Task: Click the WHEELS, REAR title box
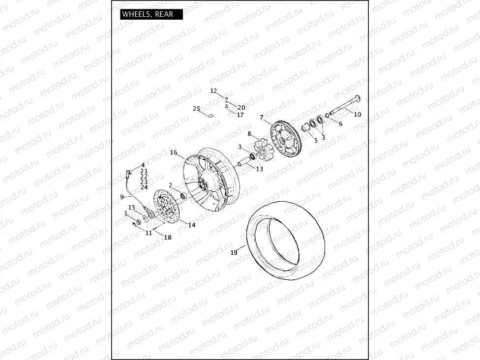coord(151,14)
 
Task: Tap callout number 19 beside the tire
coord(234,253)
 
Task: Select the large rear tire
coord(286,240)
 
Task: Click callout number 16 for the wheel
coord(174,152)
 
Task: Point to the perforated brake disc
coord(165,206)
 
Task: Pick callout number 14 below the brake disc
coord(192,225)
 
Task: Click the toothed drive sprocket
coord(286,139)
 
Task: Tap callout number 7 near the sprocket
coord(262,117)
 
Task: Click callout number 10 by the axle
coord(358,115)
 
